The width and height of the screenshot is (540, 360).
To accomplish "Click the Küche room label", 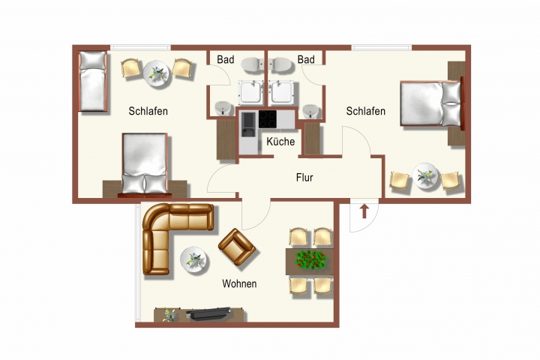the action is (x=280, y=142).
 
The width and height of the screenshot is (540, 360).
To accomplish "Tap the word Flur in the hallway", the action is (x=304, y=178).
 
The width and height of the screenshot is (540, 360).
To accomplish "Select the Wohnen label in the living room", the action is (x=239, y=283).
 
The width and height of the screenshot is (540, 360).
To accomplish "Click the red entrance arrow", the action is (x=364, y=211).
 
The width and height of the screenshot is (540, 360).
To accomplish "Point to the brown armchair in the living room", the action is (x=237, y=247).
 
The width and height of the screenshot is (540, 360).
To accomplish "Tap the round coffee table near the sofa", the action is (x=194, y=259).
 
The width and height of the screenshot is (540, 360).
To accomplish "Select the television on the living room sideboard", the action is (x=208, y=313).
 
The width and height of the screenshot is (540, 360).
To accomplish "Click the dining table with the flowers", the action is (x=310, y=262).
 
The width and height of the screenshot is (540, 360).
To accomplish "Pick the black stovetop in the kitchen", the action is (x=268, y=119).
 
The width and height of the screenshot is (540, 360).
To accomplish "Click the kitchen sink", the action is (x=248, y=124).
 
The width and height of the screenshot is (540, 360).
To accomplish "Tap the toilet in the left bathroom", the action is (x=253, y=65).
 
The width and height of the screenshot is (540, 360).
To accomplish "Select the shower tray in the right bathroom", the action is (x=282, y=93).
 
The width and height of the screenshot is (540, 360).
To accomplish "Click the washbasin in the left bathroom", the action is (x=223, y=109).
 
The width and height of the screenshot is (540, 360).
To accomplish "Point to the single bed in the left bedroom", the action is (x=92, y=81).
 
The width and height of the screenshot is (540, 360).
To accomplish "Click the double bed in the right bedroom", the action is (x=430, y=103).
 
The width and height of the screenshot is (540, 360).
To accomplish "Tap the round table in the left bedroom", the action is (x=157, y=73).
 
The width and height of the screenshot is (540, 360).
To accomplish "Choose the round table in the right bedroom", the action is (x=425, y=176).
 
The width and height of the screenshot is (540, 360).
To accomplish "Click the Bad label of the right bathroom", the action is (x=306, y=59).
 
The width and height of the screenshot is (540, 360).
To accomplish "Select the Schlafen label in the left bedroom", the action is (x=148, y=111).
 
